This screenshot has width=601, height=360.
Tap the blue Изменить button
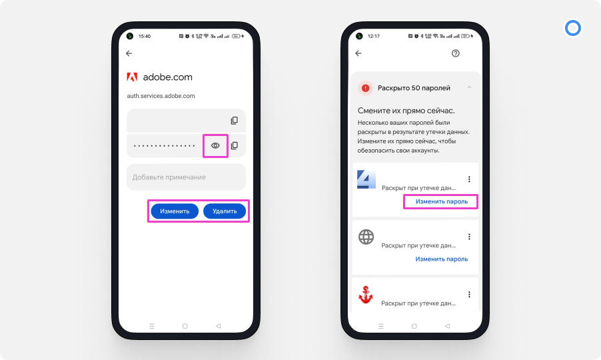(175, 211)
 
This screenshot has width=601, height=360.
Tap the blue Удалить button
(225, 211)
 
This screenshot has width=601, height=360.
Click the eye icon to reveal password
(215, 146)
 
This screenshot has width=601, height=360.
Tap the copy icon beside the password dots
(234, 146)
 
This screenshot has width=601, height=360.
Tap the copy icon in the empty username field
(234, 121)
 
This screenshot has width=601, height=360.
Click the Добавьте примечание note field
(187, 177)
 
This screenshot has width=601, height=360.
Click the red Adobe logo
(132, 77)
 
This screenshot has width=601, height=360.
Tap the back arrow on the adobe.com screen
(129, 53)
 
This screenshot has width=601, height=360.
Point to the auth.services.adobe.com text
(161, 96)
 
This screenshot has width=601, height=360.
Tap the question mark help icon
(455, 53)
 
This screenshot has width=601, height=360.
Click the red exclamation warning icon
(366, 88)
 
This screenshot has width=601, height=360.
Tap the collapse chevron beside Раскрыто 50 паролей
(469, 87)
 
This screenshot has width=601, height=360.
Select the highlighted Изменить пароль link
(442, 201)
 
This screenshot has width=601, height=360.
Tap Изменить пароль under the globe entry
(442, 259)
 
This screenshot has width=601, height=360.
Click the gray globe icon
(366, 237)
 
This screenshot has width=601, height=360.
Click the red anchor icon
(365, 295)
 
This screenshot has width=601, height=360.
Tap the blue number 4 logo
(366, 179)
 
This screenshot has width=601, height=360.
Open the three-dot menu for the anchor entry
(469, 295)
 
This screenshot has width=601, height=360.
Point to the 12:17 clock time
(373, 37)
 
